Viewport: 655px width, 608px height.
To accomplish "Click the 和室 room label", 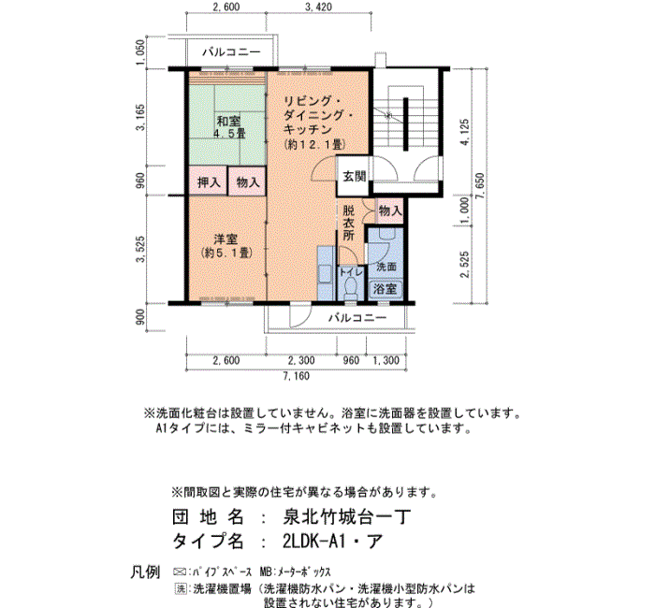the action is (228, 122).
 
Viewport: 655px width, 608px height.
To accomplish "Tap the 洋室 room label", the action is (226, 239).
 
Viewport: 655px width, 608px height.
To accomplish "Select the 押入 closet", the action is (208, 181).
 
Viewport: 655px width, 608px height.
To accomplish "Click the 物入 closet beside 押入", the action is (247, 181).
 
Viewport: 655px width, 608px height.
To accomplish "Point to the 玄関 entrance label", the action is (355, 176).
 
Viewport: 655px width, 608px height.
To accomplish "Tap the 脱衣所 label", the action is (348, 223).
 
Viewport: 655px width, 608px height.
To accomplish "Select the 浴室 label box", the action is (385, 288).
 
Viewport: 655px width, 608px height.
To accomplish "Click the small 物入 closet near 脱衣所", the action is (390, 210).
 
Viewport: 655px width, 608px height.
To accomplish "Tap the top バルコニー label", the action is (231, 51).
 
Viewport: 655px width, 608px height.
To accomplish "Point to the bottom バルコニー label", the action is (357, 318).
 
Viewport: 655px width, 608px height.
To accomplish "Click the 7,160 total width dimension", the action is (297, 376).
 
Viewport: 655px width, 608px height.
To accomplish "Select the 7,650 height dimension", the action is (479, 186).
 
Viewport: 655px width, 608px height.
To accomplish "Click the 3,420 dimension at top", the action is (318, 7).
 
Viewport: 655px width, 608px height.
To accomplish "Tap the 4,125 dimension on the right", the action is (464, 132).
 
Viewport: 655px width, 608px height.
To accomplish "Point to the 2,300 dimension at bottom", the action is (301, 360).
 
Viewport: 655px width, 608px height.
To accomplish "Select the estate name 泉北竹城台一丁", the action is (347, 517).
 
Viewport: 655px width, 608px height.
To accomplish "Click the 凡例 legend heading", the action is (145, 572).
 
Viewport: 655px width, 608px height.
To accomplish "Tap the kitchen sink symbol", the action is (325, 274).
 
